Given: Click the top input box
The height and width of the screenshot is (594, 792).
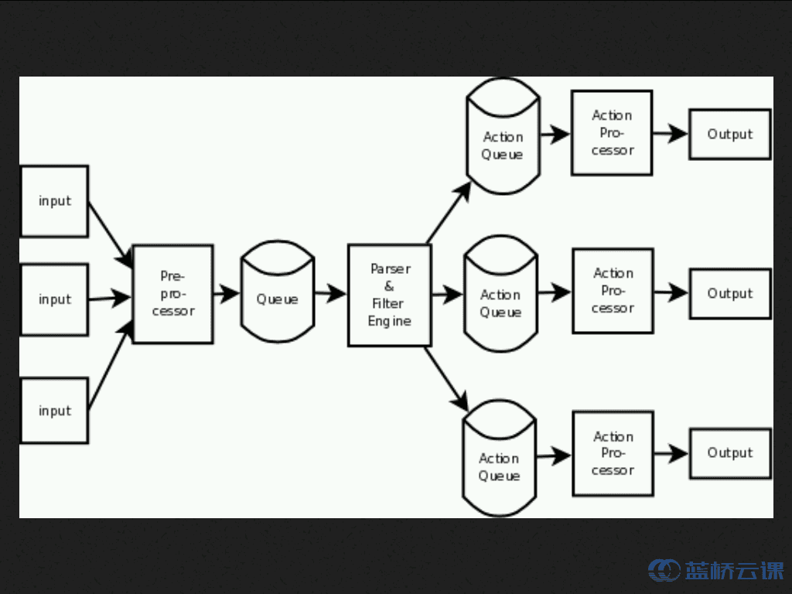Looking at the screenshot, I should tap(54, 201).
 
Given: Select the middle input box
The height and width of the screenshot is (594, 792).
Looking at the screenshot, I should tap(54, 299).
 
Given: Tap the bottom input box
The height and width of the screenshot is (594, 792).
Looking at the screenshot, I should tap(54, 411).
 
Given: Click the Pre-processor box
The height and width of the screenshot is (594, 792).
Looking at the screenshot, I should tap(173, 294).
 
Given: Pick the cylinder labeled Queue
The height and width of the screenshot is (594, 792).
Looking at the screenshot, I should tap(278, 298).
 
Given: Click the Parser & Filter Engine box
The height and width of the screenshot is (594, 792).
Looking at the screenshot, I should tap(389, 295).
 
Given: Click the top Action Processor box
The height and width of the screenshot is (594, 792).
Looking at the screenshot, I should tap(612, 132).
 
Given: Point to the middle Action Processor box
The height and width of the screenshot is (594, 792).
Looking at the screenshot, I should tap(613, 291).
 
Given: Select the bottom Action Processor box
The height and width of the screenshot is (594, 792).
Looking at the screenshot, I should tap(613, 453).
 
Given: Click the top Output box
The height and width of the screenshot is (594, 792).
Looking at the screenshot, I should tap(729, 135).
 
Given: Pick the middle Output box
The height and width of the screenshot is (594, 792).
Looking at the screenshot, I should tap(729, 294).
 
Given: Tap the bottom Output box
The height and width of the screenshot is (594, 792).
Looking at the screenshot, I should tap(729, 453).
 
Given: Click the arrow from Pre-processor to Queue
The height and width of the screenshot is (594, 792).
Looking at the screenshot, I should tap(226, 293).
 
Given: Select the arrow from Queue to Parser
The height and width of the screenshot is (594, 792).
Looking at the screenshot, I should tap(330, 293).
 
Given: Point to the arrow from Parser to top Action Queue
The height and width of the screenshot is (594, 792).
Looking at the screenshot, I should tap(449, 213).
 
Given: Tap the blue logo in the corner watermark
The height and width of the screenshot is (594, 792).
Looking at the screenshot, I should tap(664, 571).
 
